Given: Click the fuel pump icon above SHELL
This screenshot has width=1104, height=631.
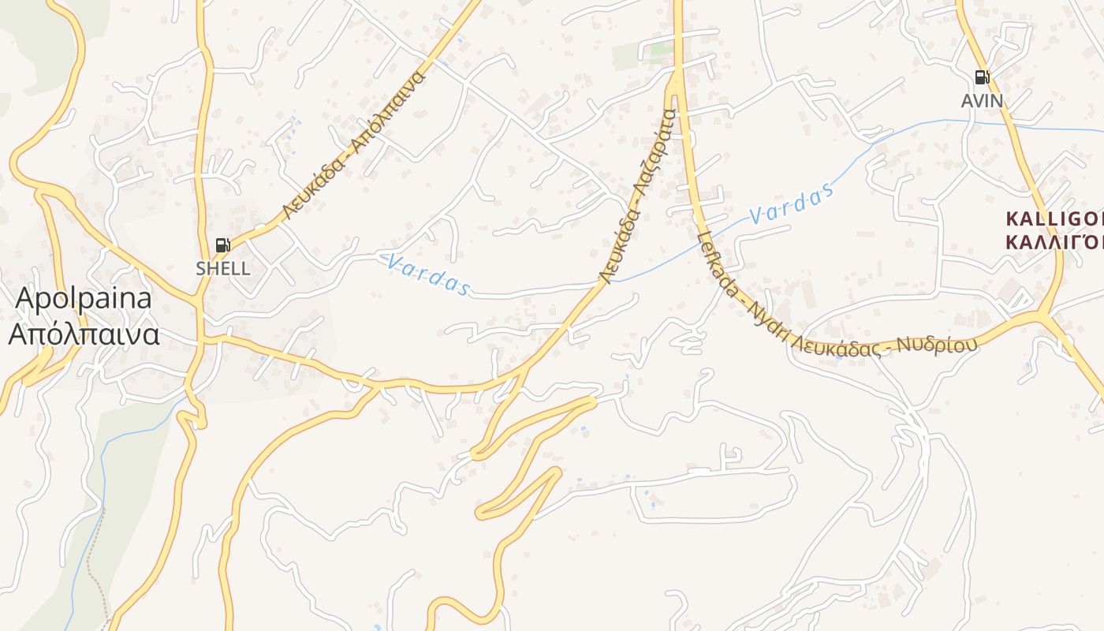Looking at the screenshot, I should coord(223,245).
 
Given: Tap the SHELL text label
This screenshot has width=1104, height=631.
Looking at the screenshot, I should coord(223,268).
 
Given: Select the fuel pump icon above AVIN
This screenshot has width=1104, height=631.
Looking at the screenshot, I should coord(982,77).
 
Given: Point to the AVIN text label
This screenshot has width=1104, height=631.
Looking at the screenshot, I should coord(982,101).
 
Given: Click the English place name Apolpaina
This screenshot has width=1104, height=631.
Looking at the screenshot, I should coord(84,299).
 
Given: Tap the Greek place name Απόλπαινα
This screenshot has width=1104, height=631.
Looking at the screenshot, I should coord(84,334).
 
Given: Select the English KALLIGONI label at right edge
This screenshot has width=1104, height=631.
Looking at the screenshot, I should coord(1054,218).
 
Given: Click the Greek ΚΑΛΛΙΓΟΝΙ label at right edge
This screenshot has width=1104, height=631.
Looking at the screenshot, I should coord(1054,241).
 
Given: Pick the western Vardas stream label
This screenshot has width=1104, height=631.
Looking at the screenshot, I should coord(429,274).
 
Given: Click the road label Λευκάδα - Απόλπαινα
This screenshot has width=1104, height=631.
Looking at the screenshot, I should coord(354,145).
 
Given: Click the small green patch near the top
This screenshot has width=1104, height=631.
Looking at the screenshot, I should coord(639,55).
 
